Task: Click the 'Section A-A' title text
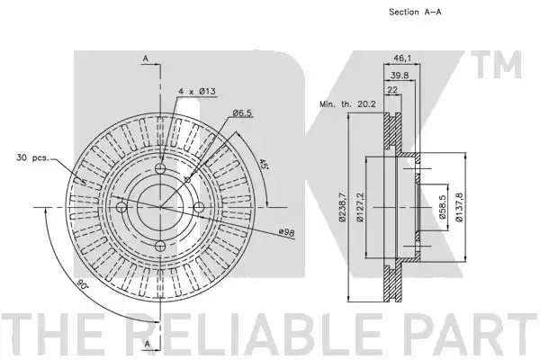coord(415,12)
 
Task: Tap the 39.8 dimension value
coord(400,75)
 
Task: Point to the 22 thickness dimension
coord(392,90)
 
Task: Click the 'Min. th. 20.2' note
coord(347,103)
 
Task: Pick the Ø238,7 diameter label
coord(342,207)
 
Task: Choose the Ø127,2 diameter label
coord(360,207)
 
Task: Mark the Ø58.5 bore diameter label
coord(443,207)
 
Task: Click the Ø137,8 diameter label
coord(459,207)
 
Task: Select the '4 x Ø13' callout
coord(197,91)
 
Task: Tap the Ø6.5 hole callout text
coord(242,112)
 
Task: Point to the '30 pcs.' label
coord(32,158)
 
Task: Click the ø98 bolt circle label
coord(286,232)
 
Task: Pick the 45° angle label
coord(264,164)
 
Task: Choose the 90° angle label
coord(82,284)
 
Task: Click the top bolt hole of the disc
coord(160,168)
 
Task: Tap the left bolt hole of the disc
coord(121,207)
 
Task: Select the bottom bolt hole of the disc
coord(160,247)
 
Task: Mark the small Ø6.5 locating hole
coord(188,180)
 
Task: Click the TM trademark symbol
coord(496,65)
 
